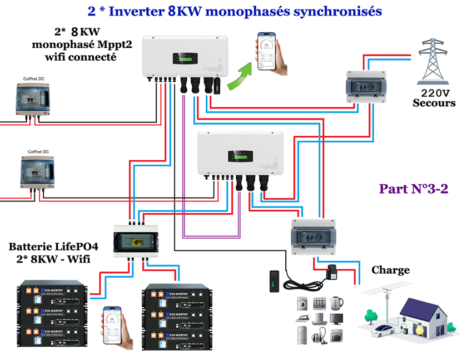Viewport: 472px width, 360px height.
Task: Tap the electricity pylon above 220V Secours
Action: coord(435,59)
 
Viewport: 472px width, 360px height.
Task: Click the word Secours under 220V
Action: coord(434,103)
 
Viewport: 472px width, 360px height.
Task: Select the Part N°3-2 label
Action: coord(414,188)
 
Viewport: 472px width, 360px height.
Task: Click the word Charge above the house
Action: coord(390,270)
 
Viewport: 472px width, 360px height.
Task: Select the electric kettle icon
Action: coord(336,303)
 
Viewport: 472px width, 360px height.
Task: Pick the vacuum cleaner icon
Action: coord(319,335)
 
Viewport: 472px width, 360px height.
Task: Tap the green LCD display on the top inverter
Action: coord(183,58)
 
